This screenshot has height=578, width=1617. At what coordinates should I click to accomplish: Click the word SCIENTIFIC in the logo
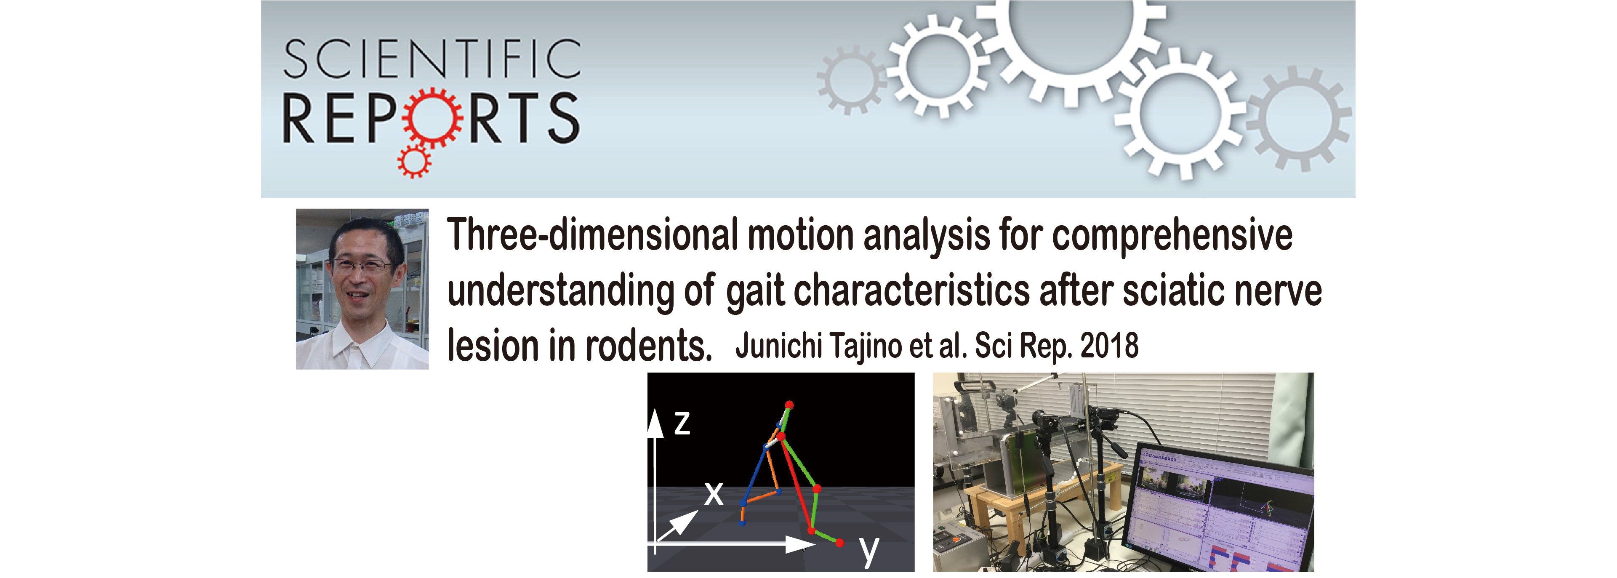pyautogui.click(x=432, y=59)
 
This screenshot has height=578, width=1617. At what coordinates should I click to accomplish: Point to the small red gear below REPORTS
pyautogui.click(x=414, y=161)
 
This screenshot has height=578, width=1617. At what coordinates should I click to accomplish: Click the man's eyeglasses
pyautogui.click(x=363, y=266)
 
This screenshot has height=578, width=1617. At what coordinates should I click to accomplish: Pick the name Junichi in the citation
pyautogui.click(x=779, y=346)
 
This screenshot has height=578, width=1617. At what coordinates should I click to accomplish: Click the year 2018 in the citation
pyautogui.click(x=1109, y=345)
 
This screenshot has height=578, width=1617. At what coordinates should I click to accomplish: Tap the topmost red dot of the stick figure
pyautogui.click(x=790, y=405)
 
